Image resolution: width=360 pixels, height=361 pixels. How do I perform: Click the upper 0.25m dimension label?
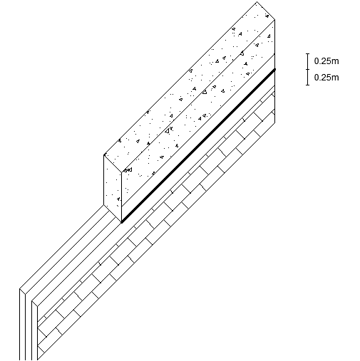pos(326,61)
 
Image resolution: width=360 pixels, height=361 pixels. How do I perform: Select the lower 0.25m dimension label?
pos(326,78)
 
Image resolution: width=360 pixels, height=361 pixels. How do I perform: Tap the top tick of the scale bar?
pos(308,54)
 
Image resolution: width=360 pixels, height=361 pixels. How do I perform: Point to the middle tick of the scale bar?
pos(308,69)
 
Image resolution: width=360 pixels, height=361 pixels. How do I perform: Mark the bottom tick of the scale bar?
pos(308,85)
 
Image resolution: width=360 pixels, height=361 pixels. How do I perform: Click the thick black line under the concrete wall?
pos(198,146)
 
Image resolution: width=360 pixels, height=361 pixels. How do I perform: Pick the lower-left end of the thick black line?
pos(122,222)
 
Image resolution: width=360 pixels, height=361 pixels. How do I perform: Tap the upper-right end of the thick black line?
pos(275,69)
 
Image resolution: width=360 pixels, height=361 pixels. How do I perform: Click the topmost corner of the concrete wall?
pos(257,2)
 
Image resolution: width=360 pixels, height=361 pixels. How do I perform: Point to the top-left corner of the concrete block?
pos(104,155)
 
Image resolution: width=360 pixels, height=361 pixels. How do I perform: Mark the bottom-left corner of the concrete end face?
pos(104,204)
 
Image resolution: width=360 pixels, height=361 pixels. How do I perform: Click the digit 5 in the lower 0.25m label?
pos(330,78)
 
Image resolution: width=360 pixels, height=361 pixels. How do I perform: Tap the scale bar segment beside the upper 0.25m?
pos(308,61)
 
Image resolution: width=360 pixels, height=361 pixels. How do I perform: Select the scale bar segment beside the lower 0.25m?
pos(308,77)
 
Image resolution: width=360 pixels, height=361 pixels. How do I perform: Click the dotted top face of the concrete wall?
pos(190,87)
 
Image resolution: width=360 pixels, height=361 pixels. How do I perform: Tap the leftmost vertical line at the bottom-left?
pos(20,324)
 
